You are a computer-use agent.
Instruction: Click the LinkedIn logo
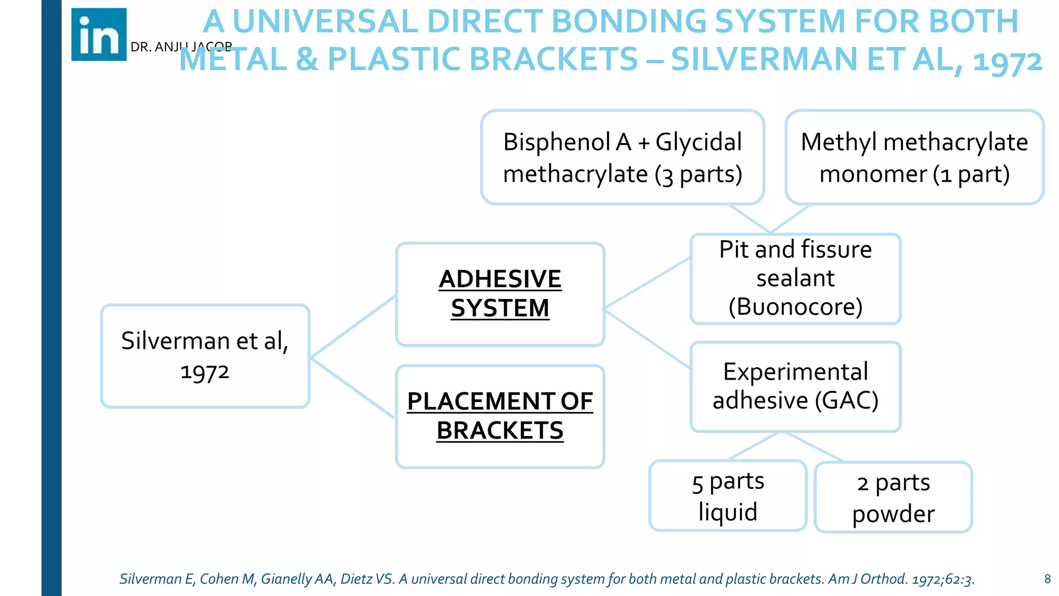[x=99, y=35]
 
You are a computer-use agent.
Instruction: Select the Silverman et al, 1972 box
[x=205, y=356]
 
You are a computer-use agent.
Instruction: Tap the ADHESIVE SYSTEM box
[x=500, y=294]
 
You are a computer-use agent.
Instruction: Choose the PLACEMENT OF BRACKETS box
[x=500, y=416]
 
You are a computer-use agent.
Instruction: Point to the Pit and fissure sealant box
[x=795, y=279]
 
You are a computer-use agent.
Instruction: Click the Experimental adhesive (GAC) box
[x=795, y=386]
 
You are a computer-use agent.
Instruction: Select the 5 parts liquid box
[x=728, y=496]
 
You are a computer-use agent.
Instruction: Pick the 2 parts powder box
[x=893, y=497]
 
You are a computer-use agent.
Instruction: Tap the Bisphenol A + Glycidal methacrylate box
[x=623, y=157]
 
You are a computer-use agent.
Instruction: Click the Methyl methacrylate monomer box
[x=914, y=157]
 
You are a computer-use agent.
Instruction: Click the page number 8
[x=1047, y=579]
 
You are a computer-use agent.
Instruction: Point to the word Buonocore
[x=795, y=307]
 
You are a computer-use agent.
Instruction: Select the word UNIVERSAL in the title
[x=325, y=22]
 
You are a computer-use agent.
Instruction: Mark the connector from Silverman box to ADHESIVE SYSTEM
[x=353, y=326]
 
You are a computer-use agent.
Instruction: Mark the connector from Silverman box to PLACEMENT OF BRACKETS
[x=353, y=388]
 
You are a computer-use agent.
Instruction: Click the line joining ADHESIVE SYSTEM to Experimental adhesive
[x=646, y=339]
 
